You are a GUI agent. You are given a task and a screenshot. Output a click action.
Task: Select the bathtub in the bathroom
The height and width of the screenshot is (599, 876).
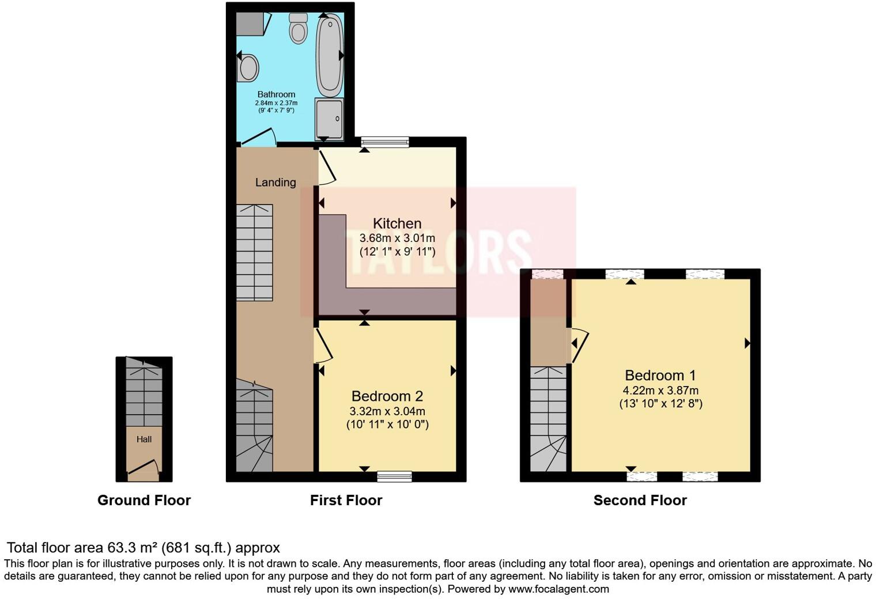(x=329, y=56)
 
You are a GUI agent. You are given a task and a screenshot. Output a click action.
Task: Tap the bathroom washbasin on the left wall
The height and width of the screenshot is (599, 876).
(x=248, y=67)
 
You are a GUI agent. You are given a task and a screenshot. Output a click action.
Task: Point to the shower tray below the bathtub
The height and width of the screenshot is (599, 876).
(x=329, y=119)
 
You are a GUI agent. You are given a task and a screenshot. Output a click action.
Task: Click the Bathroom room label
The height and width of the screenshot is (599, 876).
(x=276, y=94)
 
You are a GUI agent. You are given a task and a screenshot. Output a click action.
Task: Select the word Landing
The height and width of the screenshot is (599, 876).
(x=275, y=183)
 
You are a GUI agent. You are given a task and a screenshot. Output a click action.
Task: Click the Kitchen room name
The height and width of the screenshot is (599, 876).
(x=397, y=223)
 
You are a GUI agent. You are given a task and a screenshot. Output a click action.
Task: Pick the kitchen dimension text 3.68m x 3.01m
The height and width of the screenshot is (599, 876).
(x=397, y=238)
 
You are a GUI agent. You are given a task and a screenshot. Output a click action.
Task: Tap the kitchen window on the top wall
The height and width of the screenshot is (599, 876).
(x=384, y=142)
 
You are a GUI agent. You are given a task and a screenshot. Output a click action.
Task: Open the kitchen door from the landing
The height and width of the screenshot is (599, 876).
(x=326, y=167)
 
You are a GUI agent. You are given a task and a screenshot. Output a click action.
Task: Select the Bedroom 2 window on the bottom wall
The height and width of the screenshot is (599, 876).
(x=395, y=476)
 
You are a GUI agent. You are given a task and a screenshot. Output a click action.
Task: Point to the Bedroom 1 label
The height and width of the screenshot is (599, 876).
(x=660, y=376)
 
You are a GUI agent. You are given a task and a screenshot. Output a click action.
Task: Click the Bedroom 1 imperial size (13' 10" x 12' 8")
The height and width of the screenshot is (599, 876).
(x=660, y=404)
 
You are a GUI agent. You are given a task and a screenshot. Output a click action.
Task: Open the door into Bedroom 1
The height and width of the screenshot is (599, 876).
(x=580, y=346)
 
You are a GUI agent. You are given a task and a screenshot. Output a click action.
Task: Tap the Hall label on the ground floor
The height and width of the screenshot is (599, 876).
(x=144, y=439)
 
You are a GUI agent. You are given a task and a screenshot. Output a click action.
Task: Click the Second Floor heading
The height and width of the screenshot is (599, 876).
(x=640, y=501)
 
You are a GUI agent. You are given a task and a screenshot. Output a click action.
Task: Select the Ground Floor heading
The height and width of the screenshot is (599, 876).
(x=144, y=501)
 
